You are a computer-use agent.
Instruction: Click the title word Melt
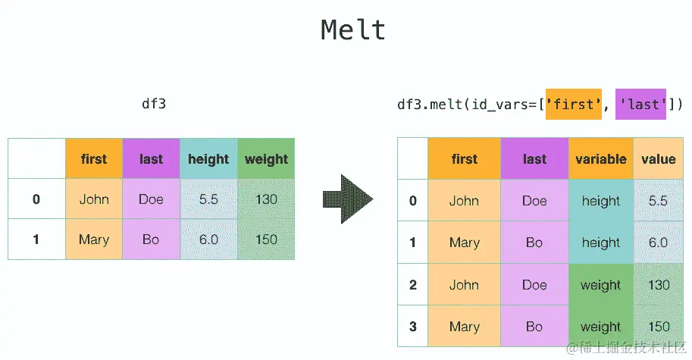tap(353, 30)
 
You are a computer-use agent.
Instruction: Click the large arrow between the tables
tap(348, 200)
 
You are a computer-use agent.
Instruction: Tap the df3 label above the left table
tap(153, 104)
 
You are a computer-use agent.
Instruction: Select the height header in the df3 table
tap(208, 159)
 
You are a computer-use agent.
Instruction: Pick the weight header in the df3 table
tap(266, 159)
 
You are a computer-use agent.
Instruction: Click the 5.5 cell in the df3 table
tap(208, 199)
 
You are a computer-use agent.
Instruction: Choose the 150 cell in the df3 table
tap(266, 239)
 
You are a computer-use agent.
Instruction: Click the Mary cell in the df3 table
tap(94, 239)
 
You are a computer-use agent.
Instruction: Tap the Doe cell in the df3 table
tap(151, 199)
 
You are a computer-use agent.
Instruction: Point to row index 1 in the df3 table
tap(36, 239)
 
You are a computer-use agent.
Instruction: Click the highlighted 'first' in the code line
tap(574, 104)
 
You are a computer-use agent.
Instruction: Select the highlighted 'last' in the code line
tap(640, 104)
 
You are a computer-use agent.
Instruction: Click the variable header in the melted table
tap(600, 159)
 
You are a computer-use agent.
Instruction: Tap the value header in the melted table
tap(658, 159)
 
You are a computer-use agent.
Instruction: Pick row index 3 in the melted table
tap(413, 327)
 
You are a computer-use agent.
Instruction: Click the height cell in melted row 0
tap(600, 201)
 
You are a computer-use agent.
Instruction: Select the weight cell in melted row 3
tap(600, 327)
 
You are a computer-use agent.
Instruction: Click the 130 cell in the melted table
tap(659, 285)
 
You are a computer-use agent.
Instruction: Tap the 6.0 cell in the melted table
tap(659, 243)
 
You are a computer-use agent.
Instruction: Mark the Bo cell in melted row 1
tap(534, 243)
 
